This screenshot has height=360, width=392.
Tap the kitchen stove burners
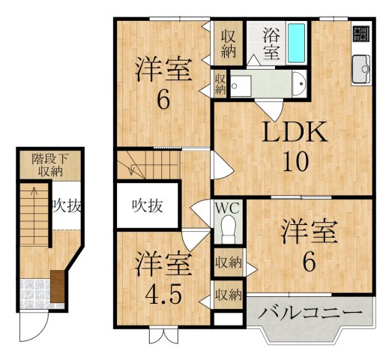point(361,34)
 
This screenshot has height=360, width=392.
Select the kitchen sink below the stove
point(361,66)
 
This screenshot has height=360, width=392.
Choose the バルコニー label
point(310,313)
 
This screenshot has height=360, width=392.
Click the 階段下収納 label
point(49,164)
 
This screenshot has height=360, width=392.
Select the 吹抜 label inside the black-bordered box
point(148,204)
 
